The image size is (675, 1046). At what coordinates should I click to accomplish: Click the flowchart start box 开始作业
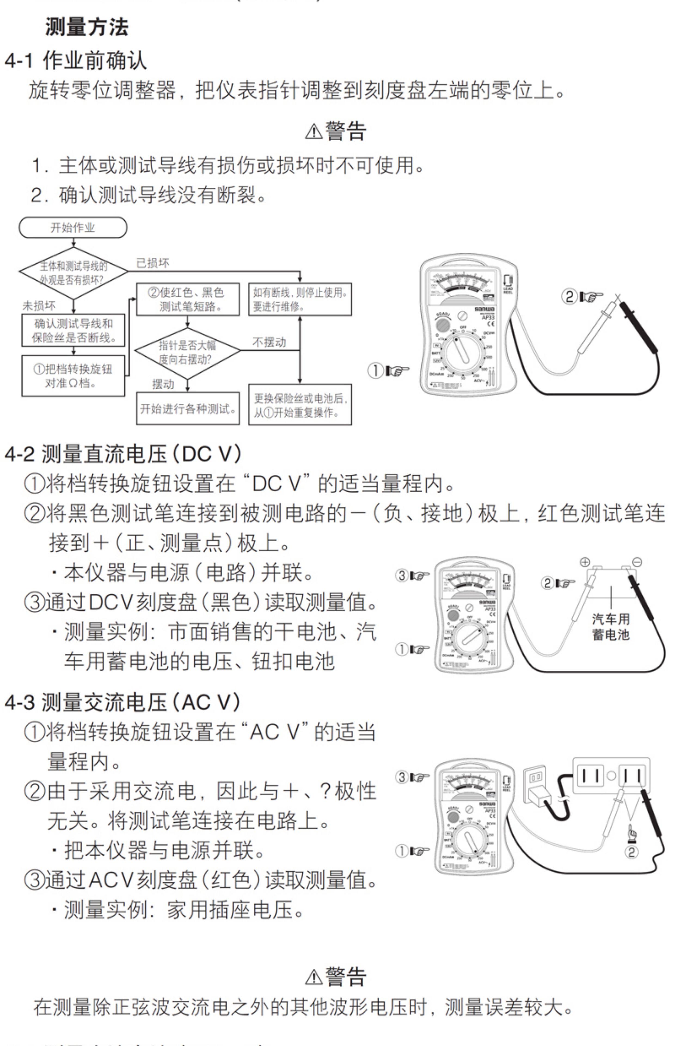pyautogui.click(x=73, y=228)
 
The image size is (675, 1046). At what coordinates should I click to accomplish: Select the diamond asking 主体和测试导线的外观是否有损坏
pyautogui.click(x=73, y=272)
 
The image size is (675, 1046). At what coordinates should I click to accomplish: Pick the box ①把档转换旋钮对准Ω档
pyautogui.click(x=73, y=376)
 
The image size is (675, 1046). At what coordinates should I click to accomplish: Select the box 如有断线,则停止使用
pyautogui.click(x=300, y=299)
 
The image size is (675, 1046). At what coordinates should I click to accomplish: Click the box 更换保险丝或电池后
pyautogui.click(x=300, y=405)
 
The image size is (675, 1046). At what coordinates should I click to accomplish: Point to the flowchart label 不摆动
pyautogui.click(x=269, y=342)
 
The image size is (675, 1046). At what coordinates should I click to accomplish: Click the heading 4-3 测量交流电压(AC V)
pyautogui.click(x=123, y=702)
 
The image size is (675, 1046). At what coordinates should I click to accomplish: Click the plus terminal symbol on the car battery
pyautogui.click(x=585, y=562)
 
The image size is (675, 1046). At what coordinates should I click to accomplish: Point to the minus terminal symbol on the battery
pyautogui.click(x=637, y=562)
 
